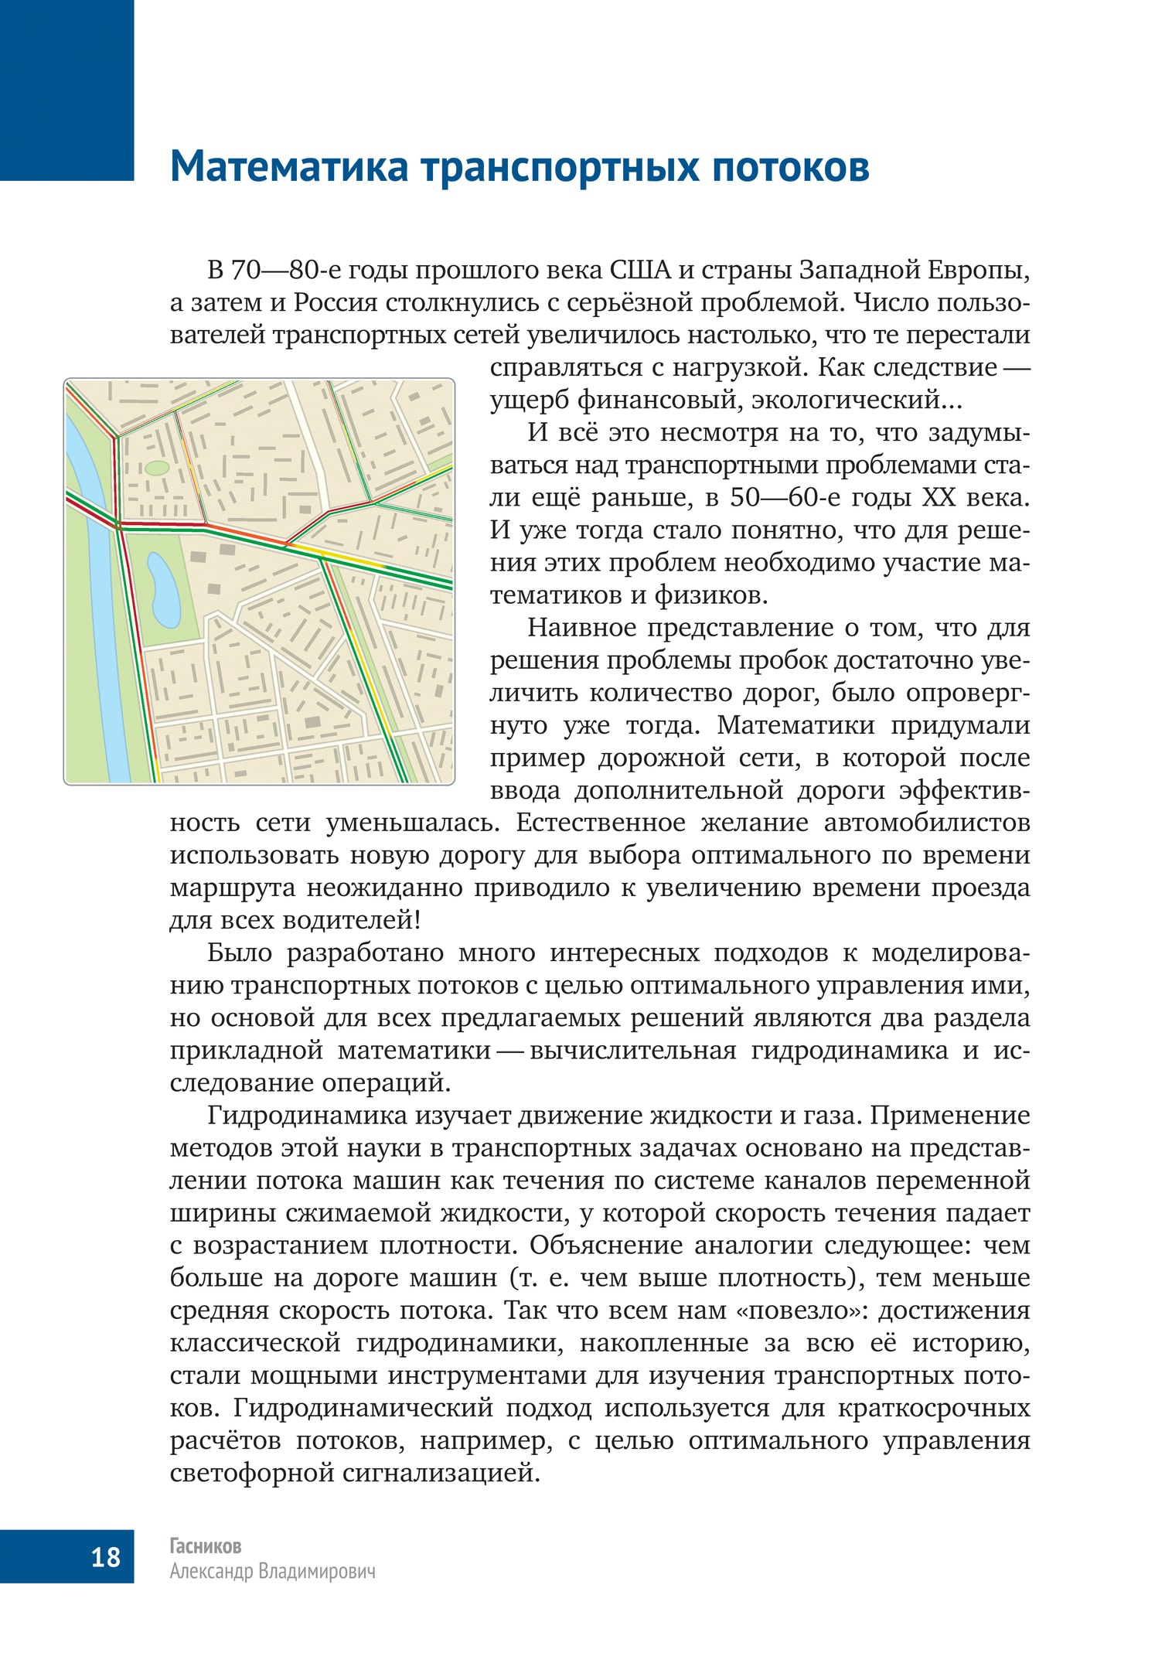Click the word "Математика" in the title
288,166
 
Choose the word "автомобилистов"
927,822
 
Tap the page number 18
106,1556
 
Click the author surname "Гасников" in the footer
206,1546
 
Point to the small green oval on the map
157,468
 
